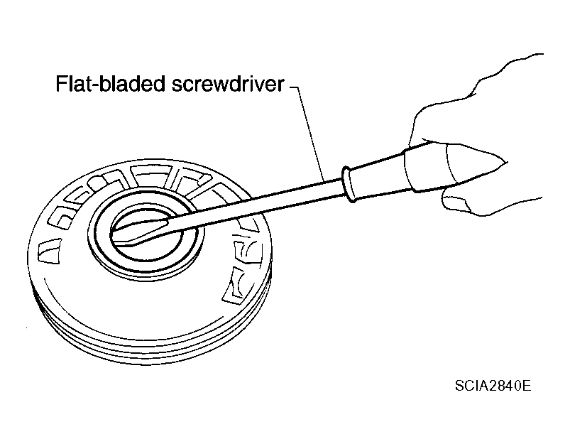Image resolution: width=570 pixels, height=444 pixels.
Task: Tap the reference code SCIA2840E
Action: (x=493, y=386)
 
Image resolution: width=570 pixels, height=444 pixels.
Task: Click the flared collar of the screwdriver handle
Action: (x=348, y=184)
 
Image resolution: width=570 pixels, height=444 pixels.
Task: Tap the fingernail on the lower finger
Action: (x=455, y=203)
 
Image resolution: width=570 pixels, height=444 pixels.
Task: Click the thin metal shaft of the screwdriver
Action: (x=254, y=203)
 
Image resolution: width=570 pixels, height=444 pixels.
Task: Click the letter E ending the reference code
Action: (x=527, y=386)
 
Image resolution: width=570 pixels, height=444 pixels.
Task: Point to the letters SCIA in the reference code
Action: (x=471, y=386)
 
